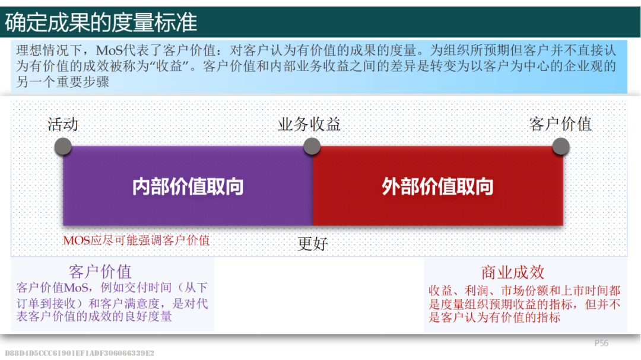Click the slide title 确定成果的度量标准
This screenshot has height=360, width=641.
101,22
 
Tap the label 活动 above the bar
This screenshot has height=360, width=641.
62,124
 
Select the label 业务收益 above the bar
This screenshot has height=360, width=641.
309,124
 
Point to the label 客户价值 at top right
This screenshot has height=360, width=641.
560,124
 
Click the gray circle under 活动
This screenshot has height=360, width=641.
63,146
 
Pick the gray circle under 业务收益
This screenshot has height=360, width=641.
312,146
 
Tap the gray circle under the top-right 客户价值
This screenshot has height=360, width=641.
561,146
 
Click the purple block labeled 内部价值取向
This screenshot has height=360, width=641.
188,186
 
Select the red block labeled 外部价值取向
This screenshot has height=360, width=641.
438,186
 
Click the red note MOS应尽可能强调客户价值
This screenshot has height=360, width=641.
136,240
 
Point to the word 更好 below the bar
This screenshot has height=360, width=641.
313,244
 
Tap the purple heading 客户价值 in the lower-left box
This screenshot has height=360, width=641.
100,272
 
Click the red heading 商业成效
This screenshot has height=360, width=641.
513,272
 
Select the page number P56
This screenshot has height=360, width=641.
601,343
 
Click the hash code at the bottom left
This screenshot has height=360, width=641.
80,353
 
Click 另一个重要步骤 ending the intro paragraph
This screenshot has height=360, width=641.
62,82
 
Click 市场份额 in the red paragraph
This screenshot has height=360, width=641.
525,291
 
